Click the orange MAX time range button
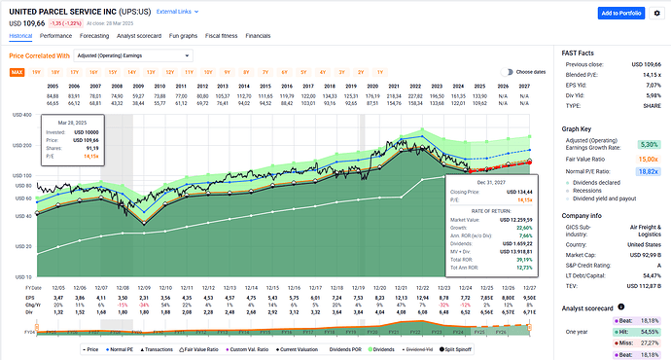pos(18,72)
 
